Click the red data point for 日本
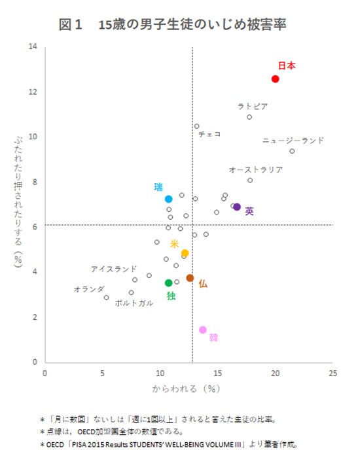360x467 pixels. [276, 79]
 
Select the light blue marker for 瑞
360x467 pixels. [168, 199]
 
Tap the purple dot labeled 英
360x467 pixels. [237, 207]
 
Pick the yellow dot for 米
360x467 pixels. [185, 253]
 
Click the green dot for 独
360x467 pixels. [168, 283]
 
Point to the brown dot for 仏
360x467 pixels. [190, 278]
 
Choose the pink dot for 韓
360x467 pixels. [203, 330]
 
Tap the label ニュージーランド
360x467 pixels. [293, 140]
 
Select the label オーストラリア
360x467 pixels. [255, 169]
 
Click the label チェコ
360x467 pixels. [209, 134]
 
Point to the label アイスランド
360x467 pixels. [114, 268]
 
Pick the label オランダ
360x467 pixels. [89, 288]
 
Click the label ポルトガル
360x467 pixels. [134, 303]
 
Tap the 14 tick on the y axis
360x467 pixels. [32, 46]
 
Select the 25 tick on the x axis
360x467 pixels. [333, 373]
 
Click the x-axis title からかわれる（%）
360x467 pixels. [184, 388]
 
